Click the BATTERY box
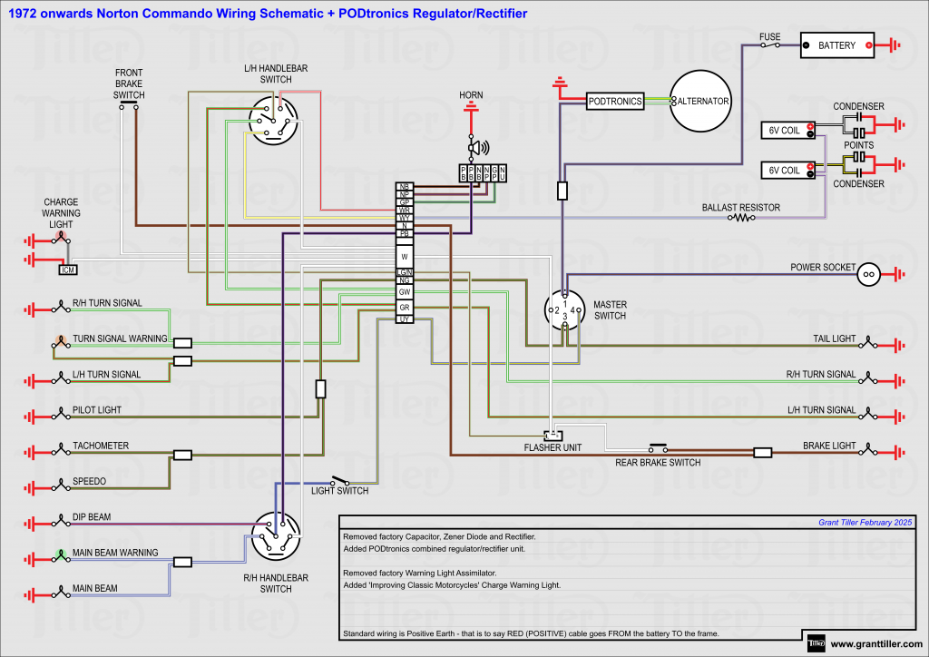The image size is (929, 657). (836, 45)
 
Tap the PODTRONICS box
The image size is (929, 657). (614, 102)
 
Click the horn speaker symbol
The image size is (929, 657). (474, 147)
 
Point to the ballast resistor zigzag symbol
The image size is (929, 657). (744, 218)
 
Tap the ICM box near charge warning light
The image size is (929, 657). (67, 270)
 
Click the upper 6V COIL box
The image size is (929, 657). (785, 131)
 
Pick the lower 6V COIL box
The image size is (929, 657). (785, 170)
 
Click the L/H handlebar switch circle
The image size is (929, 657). (274, 122)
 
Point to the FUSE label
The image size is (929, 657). (769, 37)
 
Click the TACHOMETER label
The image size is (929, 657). (101, 446)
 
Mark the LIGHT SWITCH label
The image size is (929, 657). (339, 491)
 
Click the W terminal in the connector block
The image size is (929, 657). (405, 257)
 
